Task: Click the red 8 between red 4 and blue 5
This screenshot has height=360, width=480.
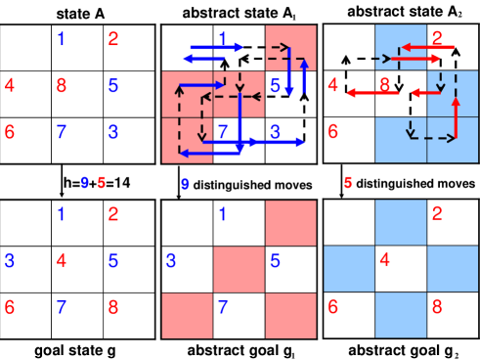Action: (62, 85)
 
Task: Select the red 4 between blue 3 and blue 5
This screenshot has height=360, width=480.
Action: (62, 261)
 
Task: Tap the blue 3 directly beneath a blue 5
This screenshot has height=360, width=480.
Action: (114, 131)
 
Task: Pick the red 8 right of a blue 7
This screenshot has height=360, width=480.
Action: (114, 307)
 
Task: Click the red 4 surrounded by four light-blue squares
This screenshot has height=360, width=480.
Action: (385, 261)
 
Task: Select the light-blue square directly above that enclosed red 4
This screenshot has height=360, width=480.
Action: (401, 223)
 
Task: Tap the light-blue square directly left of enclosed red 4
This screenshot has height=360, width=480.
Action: (349, 269)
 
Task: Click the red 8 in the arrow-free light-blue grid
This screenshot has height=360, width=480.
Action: (436, 307)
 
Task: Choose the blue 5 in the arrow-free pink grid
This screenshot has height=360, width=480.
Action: (276, 261)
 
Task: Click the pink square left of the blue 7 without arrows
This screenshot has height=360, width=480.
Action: (187, 315)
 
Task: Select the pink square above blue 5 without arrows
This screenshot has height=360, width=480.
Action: (290, 223)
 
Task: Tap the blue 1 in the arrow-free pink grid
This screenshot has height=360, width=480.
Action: (223, 214)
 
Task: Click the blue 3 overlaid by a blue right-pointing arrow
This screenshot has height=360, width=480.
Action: (276, 131)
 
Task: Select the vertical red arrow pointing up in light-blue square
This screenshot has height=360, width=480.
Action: (456, 117)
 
